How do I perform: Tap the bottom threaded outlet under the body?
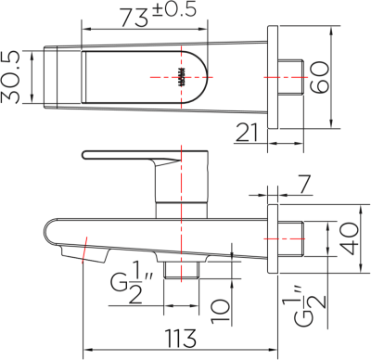184,269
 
